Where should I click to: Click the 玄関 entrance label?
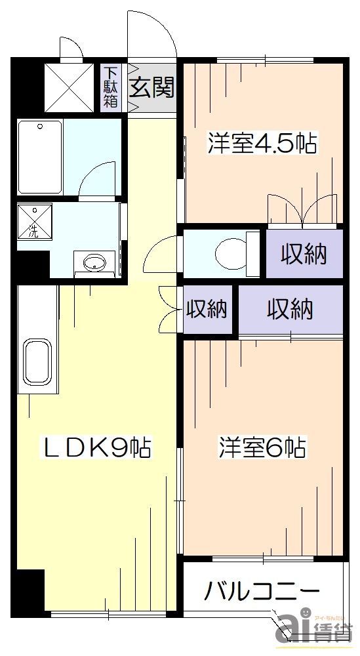pos(152,88)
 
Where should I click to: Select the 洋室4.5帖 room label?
pos(262,143)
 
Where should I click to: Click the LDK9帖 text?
pos(98,448)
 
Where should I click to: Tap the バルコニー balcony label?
pos(261,592)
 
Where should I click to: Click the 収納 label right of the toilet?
pos(304,254)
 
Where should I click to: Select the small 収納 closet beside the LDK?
pos(207,308)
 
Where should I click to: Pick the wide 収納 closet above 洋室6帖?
pos(289,308)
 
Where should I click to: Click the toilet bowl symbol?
pos(230,253)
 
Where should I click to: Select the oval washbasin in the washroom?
pos(93,264)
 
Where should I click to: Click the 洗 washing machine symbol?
pos(33,222)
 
